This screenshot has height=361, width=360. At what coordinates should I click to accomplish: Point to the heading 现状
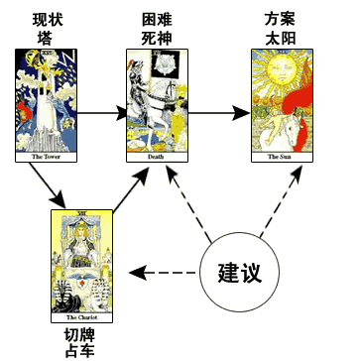[47, 21]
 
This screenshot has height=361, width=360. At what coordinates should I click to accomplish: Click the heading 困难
[157, 21]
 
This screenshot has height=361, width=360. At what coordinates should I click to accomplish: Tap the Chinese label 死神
[157, 39]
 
